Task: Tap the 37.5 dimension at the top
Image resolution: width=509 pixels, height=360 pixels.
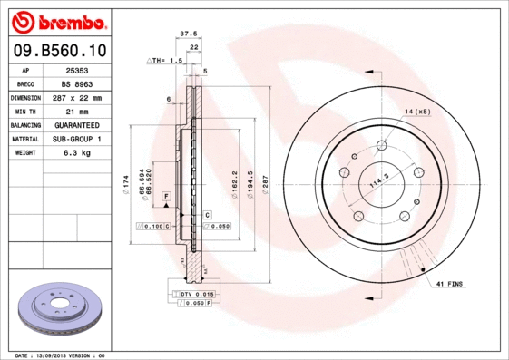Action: (189, 34)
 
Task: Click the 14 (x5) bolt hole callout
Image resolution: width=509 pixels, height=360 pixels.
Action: (416, 111)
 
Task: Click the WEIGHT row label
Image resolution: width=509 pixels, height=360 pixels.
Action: (25, 153)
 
